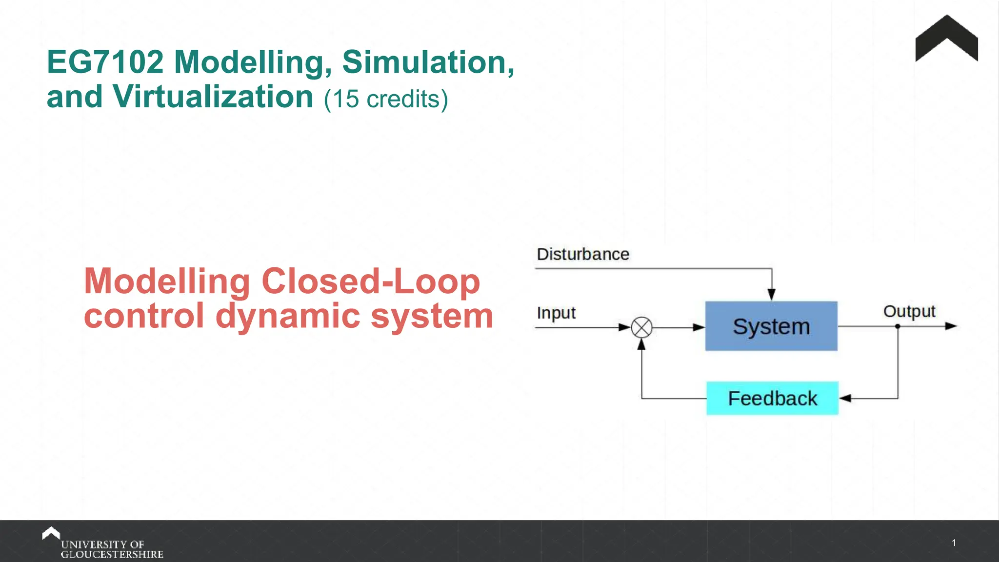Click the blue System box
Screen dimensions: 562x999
[x=771, y=326]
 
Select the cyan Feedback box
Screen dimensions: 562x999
[x=772, y=398]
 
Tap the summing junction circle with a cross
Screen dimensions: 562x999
[x=641, y=327]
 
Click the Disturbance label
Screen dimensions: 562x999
[x=583, y=254]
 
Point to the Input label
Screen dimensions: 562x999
[x=556, y=313]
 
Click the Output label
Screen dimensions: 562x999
[x=909, y=311]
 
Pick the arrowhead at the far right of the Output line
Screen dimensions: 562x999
[x=951, y=326]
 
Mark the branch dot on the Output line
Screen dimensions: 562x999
[x=898, y=326]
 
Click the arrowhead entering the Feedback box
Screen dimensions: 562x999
[x=845, y=399]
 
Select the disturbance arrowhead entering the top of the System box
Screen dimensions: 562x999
[x=771, y=294]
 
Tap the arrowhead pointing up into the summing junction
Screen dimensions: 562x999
[x=641, y=344]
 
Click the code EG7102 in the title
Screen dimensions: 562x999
[x=105, y=62]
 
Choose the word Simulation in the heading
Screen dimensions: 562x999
[x=428, y=62]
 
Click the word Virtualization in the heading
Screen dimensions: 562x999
[x=213, y=97]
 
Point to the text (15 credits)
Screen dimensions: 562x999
[x=386, y=99]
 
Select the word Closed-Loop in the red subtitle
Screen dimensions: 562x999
[x=371, y=281]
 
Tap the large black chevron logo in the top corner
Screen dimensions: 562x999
[x=946, y=39]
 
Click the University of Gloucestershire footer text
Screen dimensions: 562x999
[x=112, y=549]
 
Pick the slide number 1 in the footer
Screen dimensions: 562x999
[x=954, y=542]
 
